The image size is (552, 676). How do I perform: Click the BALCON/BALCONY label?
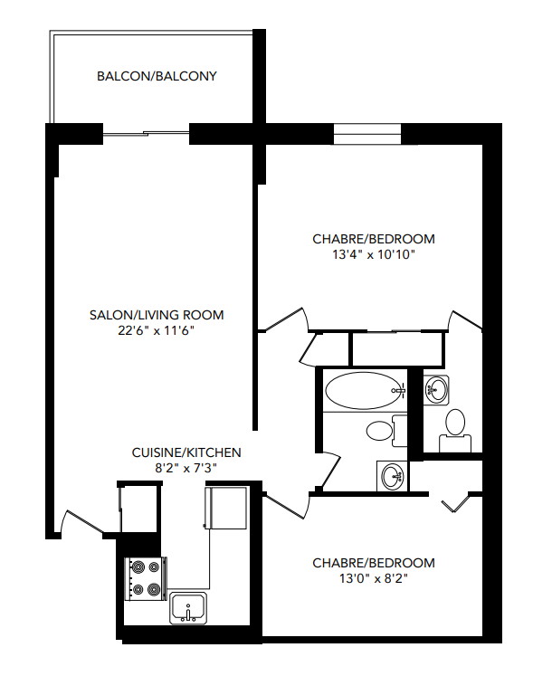pos(157,76)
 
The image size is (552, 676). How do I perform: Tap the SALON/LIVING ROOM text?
pos(157,315)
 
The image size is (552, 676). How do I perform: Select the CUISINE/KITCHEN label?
pos(186,452)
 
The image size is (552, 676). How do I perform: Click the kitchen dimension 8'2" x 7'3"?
pos(186,468)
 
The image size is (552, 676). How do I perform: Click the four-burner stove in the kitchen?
pos(146,578)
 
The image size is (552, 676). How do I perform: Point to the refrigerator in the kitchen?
pos(226,507)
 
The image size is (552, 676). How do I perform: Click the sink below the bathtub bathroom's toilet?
pos(392,474)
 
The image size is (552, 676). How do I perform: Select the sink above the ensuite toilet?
pos(436,390)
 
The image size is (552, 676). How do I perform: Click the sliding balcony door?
pos(146,135)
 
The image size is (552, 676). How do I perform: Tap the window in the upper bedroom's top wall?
pos(367,133)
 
